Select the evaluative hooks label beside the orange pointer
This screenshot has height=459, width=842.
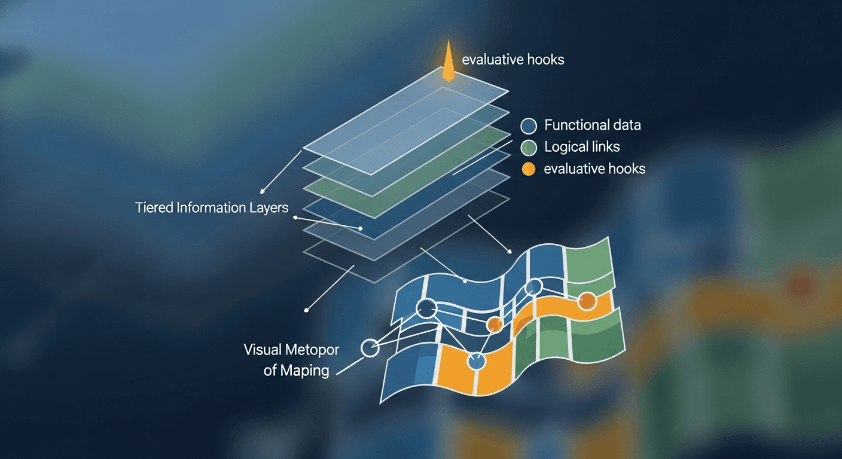pyautogui.click(x=513, y=60)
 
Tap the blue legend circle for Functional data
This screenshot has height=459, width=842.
pyautogui.click(x=529, y=126)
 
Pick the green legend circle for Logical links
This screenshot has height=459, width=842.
pyautogui.click(x=529, y=148)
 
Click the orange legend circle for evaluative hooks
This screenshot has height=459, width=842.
pyautogui.click(x=529, y=169)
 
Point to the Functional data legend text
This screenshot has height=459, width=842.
pyautogui.click(x=592, y=126)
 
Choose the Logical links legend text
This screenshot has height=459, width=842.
pyautogui.click(x=582, y=147)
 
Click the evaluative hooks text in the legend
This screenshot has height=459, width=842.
pyautogui.click(x=594, y=169)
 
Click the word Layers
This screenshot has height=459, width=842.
pyautogui.click(x=270, y=209)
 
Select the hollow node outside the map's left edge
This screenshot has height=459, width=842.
pyautogui.click(x=370, y=347)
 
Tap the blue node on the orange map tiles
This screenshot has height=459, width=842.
pyautogui.click(x=477, y=361)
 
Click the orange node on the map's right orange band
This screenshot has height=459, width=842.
pyautogui.click(x=587, y=301)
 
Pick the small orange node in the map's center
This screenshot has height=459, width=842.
pyautogui.click(x=494, y=325)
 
